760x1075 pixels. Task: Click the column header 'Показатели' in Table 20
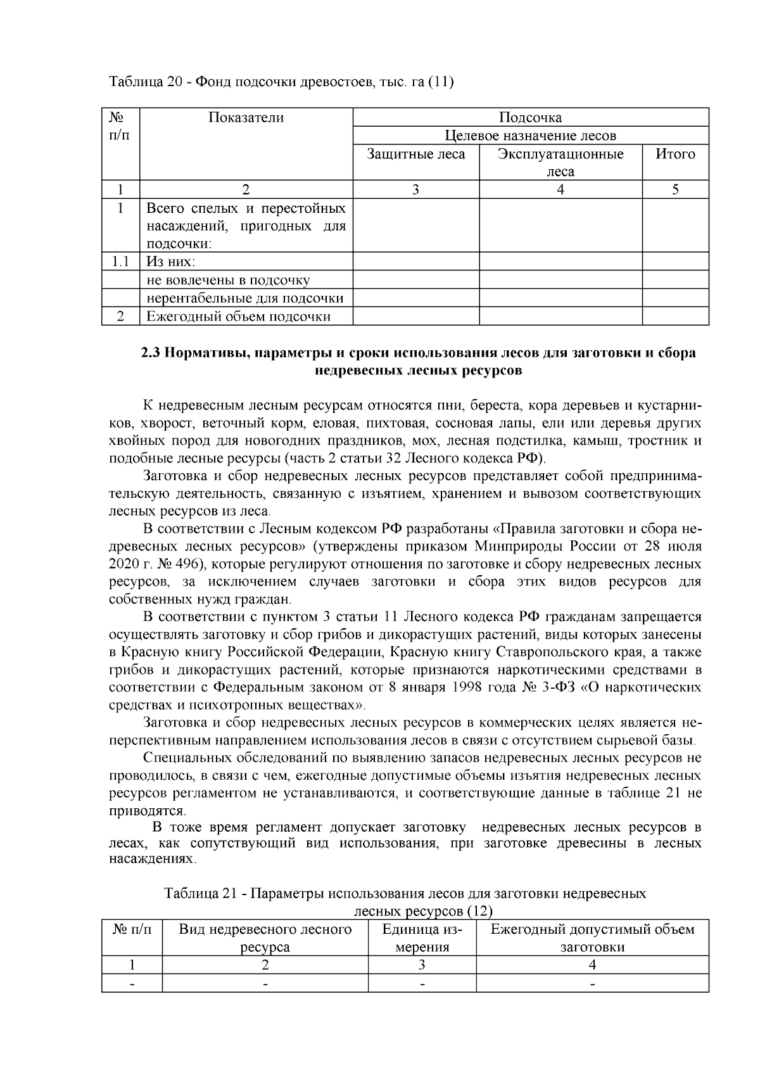(246, 118)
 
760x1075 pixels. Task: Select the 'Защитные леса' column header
(416, 155)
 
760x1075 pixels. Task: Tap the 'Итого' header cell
(675, 155)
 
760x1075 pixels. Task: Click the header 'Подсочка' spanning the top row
(530, 118)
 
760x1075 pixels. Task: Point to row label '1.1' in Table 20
(120, 262)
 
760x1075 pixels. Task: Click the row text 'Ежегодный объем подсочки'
(239, 317)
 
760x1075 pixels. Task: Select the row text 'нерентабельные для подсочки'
(245, 298)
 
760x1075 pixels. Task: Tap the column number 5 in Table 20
(675, 189)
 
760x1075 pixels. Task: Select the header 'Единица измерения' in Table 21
(422, 938)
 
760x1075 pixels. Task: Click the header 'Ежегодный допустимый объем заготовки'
(592, 938)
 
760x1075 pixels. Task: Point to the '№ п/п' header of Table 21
(132, 930)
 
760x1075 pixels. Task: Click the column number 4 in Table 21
(592, 965)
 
